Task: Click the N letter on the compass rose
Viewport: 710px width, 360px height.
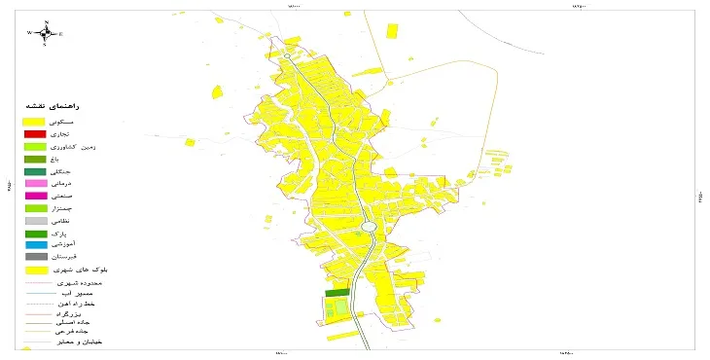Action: point(47,22)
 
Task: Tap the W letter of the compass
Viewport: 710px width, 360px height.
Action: point(30,33)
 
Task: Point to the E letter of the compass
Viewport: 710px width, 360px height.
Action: point(61,33)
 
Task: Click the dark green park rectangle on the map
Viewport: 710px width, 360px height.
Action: point(336,292)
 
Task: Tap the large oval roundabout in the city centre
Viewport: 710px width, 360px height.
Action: point(368,228)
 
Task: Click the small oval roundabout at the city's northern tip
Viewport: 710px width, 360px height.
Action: point(288,57)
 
